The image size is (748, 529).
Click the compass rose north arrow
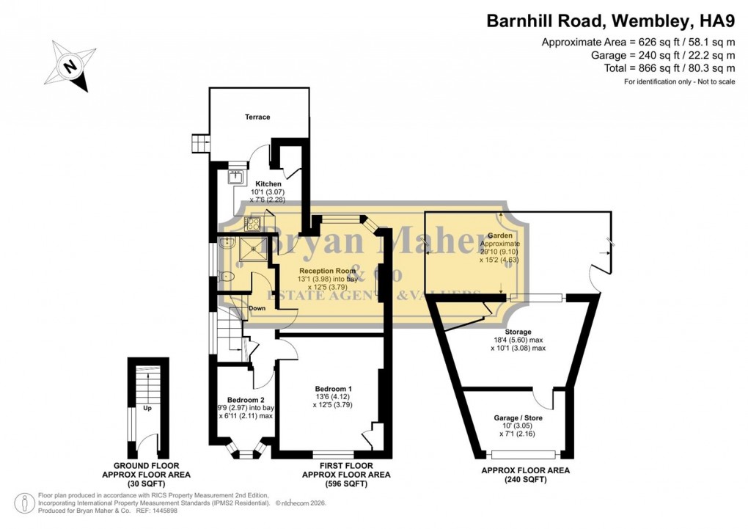70,65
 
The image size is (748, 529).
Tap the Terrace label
257,117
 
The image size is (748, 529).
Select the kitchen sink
236,177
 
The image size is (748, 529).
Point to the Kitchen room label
268,183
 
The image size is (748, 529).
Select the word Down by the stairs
257,308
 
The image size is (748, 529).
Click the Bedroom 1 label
334,388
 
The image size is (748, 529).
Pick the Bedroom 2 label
245,398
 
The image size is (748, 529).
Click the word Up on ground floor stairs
147,408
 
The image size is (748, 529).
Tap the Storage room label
518,332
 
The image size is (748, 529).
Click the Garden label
500,235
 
